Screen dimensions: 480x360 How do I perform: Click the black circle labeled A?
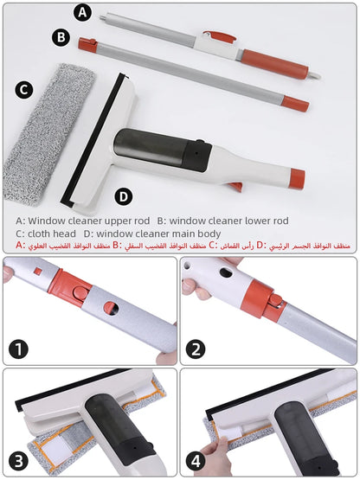pyautogui.click(x=83, y=12)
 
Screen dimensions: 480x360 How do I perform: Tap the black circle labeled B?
pyautogui.click(x=60, y=37)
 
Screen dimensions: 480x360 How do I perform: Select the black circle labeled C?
pyautogui.click(x=24, y=88)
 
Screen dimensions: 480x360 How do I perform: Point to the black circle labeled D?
pyautogui.click(x=124, y=195)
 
